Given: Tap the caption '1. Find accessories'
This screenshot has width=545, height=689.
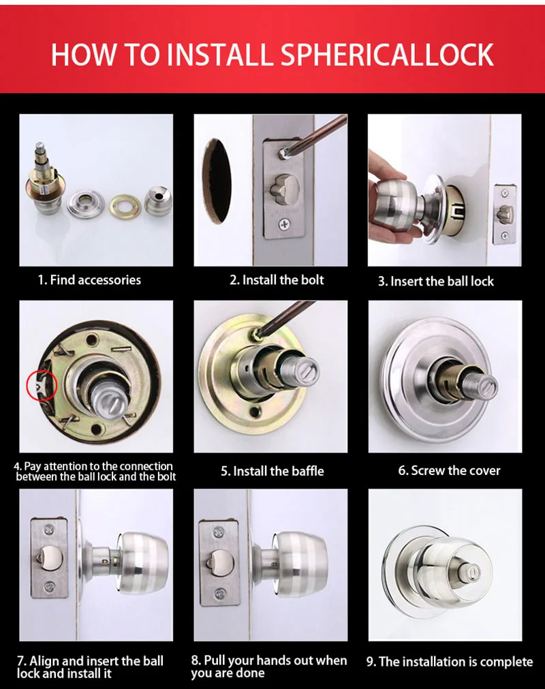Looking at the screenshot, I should click(x=89, y=280).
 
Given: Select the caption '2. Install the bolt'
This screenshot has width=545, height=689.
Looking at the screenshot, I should click(x=277, y=280).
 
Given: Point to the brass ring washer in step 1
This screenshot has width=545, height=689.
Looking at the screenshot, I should click(x=124, y=202).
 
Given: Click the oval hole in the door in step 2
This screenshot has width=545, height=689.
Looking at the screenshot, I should click(x=217, y=181).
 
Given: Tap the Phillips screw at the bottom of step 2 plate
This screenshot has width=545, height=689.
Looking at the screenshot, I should click(x=284, y=224).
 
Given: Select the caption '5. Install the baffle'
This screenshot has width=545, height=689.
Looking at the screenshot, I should click(x=272, y=471).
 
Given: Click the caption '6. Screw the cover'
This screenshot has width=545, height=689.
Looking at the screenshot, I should click(x=449, y=471).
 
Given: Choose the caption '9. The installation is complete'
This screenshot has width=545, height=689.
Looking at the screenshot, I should click(x=449, y=662).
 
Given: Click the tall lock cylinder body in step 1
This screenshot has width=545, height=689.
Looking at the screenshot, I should click(x=44, y=184).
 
